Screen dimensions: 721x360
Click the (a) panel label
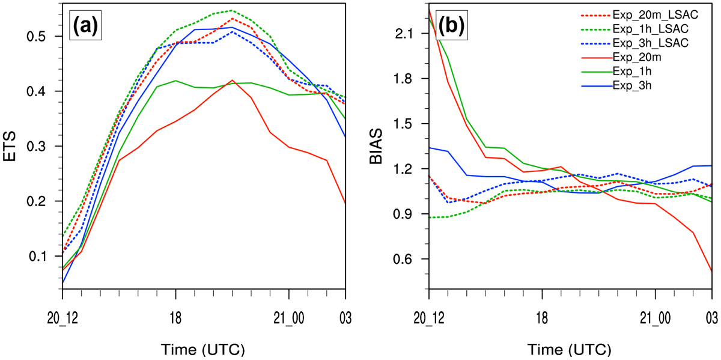click(x=85, y=25)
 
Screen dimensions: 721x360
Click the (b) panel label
click(x=452, y=25)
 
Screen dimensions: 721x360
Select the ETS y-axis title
click(x=9, y=147)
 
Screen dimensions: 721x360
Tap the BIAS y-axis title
click(x=376, y=147)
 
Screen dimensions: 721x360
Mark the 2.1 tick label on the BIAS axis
click(x=403, y=34)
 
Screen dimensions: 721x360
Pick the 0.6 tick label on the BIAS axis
click(x=402, y=259)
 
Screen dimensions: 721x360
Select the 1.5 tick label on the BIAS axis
click(x=403, y=124)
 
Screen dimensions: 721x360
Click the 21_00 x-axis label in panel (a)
click(x=289, y=319)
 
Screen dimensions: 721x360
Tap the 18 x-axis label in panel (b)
click(x=543, y=319)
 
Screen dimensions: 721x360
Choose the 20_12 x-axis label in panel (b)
click(x=429, y=319)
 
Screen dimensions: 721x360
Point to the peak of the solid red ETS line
click(x=232, y=80)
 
